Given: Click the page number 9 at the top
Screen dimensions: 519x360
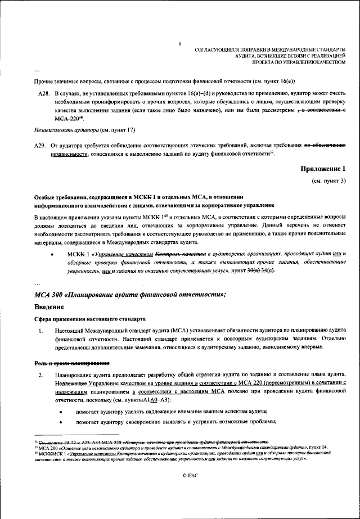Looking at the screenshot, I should point(179,44).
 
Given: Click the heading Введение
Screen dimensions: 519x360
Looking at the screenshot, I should point(55,306).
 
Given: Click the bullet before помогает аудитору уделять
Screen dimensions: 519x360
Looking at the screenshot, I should point(60,412).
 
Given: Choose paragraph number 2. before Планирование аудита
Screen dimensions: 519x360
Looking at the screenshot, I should point(40,375).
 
